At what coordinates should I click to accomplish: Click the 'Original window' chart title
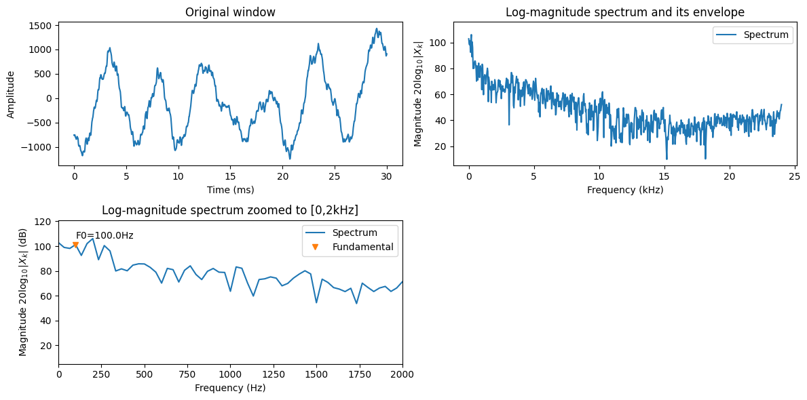pos(230,12)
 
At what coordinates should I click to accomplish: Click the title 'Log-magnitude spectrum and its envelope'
pos(625,12)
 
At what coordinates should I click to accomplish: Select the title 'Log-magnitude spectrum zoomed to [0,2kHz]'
pos(230,209)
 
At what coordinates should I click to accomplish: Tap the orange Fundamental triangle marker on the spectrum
pos(75,245)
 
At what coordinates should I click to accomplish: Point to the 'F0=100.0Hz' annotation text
pos(105,236)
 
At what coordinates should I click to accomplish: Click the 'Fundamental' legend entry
pos(362,247)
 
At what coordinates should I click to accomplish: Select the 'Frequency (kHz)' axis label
pos(625,191)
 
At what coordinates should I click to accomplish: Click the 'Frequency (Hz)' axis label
pos(230,388)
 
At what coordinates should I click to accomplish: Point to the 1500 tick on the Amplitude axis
pos(41,26)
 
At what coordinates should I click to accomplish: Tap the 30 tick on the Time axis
pos(386,176)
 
